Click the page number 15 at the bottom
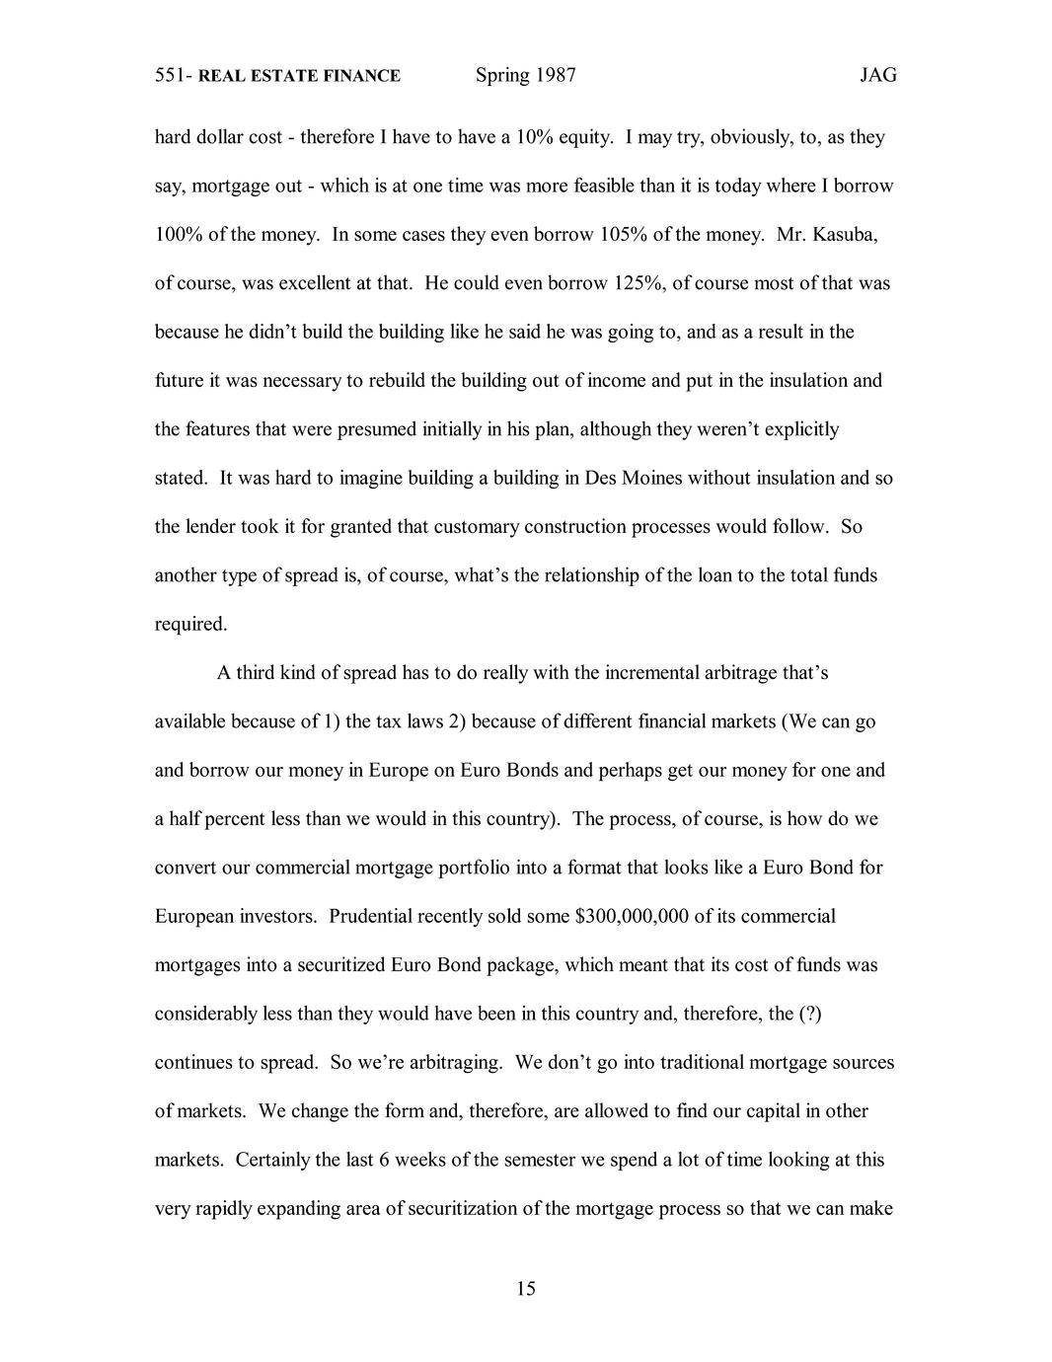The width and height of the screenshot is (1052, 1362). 525,1288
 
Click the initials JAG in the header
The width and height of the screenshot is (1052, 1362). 877,75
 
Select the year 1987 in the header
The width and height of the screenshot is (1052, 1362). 555,75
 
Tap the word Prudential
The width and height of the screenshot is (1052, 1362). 371,916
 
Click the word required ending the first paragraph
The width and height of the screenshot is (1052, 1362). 190,624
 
